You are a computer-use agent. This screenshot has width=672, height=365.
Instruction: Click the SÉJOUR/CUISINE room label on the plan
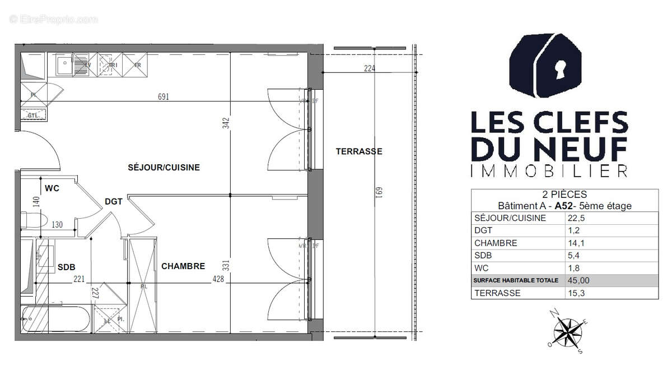[x=164, y=167]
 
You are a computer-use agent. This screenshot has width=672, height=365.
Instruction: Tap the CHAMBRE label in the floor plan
[x=183, y=266]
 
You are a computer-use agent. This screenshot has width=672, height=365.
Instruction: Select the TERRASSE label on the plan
[x=359, y=151]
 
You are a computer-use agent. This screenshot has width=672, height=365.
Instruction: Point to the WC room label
[x=52, y=188]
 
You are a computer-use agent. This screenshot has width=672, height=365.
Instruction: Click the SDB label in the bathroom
[x=66, y=267]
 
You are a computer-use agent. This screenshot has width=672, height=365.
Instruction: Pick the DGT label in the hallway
[x=113, y=202]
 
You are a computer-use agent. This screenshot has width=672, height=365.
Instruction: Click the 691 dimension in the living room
[x=164, y=96]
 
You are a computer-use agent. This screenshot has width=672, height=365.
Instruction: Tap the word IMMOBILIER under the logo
[x=549, y=171]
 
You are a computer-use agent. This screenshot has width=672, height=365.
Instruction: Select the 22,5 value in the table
[x=577, y=219]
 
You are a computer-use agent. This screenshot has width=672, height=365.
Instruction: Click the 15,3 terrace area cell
[x=577, y=293]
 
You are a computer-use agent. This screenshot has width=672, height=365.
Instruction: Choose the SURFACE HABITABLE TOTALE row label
[x=516, y=280]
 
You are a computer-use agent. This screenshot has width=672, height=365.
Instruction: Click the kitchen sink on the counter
[x=64, y=65]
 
